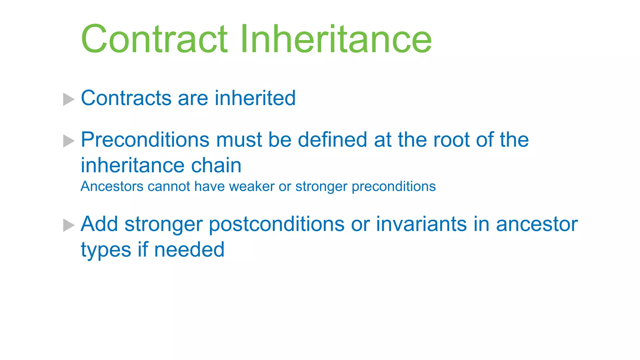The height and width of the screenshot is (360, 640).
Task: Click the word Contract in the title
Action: [x=154, y=39]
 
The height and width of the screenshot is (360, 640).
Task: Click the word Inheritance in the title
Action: [x=336, y=39]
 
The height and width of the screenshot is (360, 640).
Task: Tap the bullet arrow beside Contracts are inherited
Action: [x=68, y=99]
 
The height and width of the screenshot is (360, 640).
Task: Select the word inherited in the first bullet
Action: [x=255, y=98]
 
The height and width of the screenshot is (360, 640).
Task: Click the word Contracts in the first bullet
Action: [x=126, y=98]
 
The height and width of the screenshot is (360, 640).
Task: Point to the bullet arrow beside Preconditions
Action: [x=68, y=141]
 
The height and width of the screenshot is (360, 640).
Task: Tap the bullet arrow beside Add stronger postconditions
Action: [x=68, y=225]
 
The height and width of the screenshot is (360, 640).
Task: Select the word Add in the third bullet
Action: [x=99, y=224]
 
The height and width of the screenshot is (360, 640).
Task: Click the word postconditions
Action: [x=276, y=225]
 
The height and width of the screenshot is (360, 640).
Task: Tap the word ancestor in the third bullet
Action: [x=537, y=225]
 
